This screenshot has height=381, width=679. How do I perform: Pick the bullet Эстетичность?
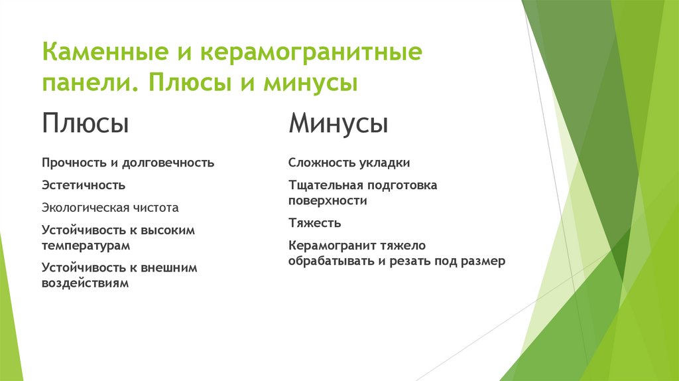click(x=84, y=185)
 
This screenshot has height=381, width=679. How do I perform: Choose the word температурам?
click(x=86, y=245)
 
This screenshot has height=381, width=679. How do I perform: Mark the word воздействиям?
click(x=85, y=283)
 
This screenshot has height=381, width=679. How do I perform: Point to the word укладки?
click(x=385, y=163)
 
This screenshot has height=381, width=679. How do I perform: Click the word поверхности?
click(x=328, y=200)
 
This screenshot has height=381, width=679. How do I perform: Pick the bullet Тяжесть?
click(x=315, y=223)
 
